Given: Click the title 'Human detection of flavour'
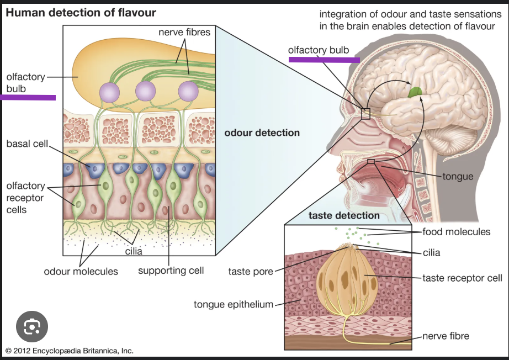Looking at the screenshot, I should coord(81,12).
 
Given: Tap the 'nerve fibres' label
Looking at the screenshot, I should coord(184,33).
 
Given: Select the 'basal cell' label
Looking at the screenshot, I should coord(28,144).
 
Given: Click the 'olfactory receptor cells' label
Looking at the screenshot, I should coord(25,198).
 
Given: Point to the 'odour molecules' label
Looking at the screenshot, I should coord(81,271).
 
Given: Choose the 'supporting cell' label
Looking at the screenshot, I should coord(171,270).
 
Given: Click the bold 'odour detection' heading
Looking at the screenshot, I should coord(262,133).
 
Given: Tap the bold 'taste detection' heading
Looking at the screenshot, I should coord(344,215).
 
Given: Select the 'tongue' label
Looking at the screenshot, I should coord(458,177).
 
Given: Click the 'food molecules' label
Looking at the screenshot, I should coord(457,232).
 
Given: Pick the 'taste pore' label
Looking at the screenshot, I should coord(251,271).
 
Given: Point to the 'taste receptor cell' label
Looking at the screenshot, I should coord(462,278).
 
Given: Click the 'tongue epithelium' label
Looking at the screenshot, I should coord(234,304).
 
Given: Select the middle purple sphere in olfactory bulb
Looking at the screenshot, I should coord(146,91).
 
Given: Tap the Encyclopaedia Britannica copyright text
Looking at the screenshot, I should coord(70,351).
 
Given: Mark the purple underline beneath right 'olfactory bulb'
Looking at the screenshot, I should coord(324,60).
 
